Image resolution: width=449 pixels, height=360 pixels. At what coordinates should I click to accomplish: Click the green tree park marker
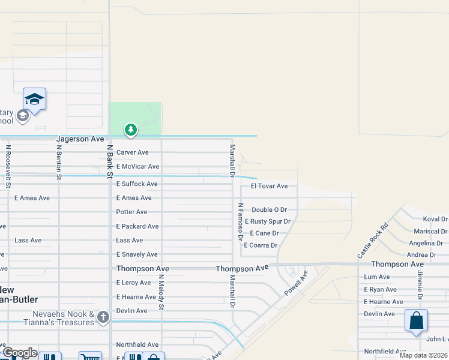[x=131, y=129]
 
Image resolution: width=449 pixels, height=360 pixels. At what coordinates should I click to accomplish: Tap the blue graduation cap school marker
[x=34, y=99]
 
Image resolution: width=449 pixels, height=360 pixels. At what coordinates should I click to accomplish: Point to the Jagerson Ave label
[x=80, y=139]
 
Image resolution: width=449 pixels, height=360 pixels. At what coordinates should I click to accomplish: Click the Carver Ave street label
[x=132, y=152]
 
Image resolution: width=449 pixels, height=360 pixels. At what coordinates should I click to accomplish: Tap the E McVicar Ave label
[x=137, y=166]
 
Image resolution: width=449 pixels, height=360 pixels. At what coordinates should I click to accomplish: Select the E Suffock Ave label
[x=137, y=184]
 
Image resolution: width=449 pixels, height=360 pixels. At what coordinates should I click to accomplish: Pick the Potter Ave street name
[x=131, y=212]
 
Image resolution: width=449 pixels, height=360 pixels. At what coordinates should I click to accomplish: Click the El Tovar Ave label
[x=269, y=186]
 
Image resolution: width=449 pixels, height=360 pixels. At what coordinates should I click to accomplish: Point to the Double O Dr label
[x=269, y=209]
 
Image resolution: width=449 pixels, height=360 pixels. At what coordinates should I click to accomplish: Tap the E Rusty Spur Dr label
[x=267, y=221]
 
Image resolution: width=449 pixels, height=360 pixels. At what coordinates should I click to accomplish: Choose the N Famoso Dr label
[x=240, y=221]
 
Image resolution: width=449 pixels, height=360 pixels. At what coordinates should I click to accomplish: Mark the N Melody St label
[x=161, y=292]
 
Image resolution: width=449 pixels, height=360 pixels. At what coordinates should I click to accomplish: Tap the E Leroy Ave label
[x=134, y=283]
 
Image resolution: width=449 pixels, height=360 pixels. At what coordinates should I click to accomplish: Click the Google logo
[x=19, y=353]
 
